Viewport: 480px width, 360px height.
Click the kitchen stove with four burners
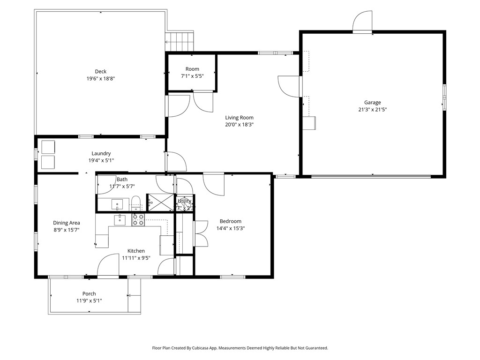coord(138,219)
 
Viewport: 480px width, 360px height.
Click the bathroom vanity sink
coord(117,204)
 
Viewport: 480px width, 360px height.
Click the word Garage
coord(373,103)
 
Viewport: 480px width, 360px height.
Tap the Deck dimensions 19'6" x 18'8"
coord(100,79)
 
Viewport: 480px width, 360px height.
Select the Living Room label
coord(239,118)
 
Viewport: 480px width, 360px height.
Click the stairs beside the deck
coord(180,41)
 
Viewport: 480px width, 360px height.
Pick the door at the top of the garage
coord(362,22)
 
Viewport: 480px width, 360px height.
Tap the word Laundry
coord(101,153)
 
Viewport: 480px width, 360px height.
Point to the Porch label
coord(89,294)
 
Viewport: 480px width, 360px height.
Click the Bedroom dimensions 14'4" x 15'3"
coord(231,228)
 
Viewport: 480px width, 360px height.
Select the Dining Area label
coord(66,223)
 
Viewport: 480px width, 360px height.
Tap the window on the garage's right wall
coord(444,97)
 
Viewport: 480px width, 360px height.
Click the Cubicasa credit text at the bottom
coord(240,348)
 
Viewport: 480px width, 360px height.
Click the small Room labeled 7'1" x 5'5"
coord(192,72)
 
